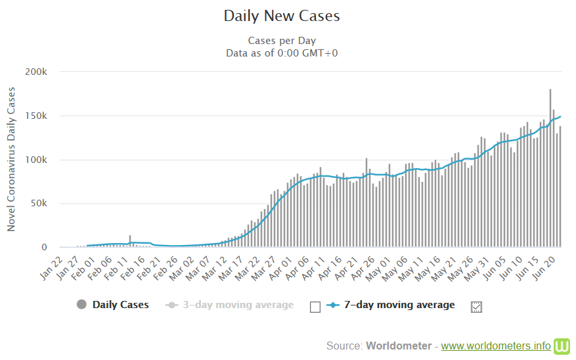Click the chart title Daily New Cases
click(282, 16)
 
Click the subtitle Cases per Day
click(282, 41)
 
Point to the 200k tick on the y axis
click(36, 72)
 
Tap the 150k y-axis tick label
click(36, 116)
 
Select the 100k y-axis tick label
click(36, 160)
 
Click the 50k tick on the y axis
click(38, 204)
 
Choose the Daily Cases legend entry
click(120, 305)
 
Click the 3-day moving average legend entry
click(238, 305)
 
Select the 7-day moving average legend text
click(399, 305)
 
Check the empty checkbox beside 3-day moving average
click(315, 307)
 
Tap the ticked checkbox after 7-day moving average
click(477, 307)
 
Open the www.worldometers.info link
click(496, 346)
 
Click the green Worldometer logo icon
click(563, 346)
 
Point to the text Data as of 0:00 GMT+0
click(282, 53)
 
